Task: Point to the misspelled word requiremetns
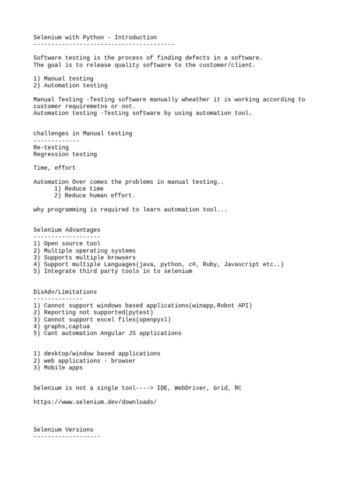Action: point(86,106)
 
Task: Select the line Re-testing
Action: point(51,147)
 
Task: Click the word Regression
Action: point(51,154)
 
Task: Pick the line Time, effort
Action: point(54,168)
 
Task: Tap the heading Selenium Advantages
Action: point(67,230)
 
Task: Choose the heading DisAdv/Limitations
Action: point(65,292)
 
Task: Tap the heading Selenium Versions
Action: point(63,429)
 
